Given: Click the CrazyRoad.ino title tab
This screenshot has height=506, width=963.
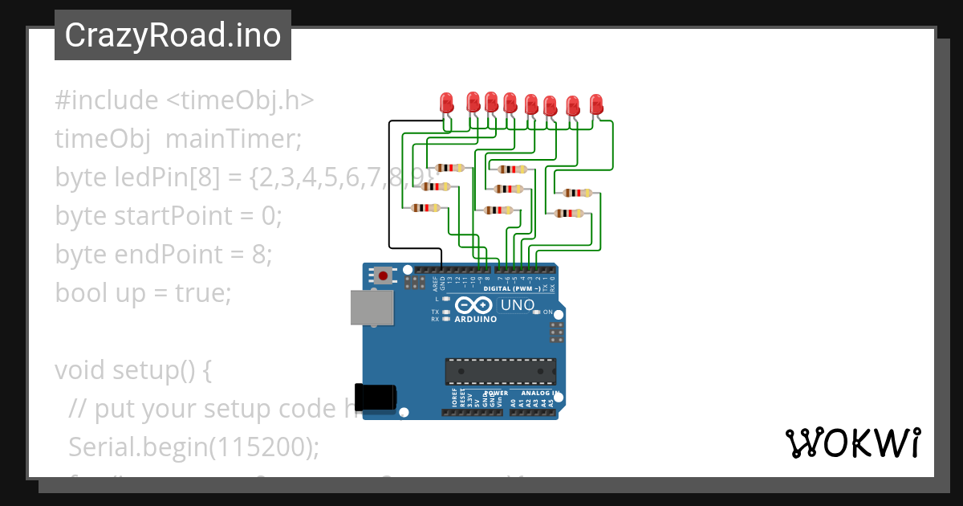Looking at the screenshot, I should click(x=173, y=35).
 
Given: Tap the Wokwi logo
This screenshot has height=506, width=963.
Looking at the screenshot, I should click(x=852, y=443).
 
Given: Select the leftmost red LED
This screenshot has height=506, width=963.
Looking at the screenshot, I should click(x=448, y=102).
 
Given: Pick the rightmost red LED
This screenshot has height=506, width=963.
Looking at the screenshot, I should click(x=596, y=104).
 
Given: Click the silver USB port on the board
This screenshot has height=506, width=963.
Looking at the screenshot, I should click(x=373, y=308).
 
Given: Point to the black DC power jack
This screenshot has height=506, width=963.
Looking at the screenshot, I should click(x=377, y=396).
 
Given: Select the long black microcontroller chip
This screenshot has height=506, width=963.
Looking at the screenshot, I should click(x=501, y=371).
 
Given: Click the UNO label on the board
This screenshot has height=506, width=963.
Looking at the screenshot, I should click(x=517, y=305).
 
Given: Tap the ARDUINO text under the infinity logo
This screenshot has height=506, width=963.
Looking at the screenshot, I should click(x=476, y=319).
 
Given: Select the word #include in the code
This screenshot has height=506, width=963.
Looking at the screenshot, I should click(x=107, y=100).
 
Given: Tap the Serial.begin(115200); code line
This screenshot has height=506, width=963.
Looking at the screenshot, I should click(x=193, y=447).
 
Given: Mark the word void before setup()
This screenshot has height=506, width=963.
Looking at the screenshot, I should click(x=80, y=370).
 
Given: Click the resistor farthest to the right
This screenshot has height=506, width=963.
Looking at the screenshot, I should click(x=578, y=193).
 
